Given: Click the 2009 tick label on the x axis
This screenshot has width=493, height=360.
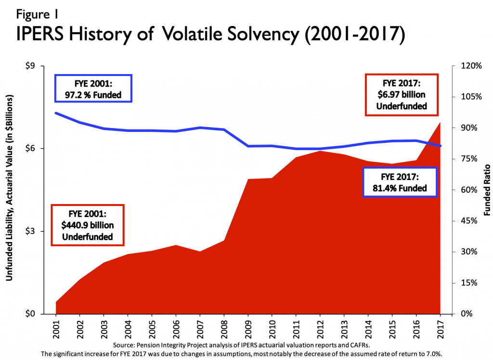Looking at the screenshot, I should (x=248, y=327).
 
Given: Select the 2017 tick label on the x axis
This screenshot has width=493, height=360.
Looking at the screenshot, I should (x=441, y=327).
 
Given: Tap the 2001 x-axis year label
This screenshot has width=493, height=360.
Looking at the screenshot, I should (x=56, y=327).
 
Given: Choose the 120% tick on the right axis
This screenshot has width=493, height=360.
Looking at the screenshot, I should (x=469, y=66).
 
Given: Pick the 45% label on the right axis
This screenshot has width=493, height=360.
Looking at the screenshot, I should (x=467, y=221).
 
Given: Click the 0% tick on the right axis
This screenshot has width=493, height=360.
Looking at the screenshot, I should (x=465, y=314).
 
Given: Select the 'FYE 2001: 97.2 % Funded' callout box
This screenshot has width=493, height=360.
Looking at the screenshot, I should (x=94, y=89).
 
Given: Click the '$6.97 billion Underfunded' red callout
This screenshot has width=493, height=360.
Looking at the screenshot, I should (x=402, y=95).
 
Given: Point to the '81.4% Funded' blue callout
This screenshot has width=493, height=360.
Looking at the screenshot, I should (x=400, y=182).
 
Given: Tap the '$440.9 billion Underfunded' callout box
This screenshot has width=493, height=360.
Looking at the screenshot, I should (x=88, y=225).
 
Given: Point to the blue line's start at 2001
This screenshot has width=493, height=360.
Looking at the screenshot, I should (x=56, y=113).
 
